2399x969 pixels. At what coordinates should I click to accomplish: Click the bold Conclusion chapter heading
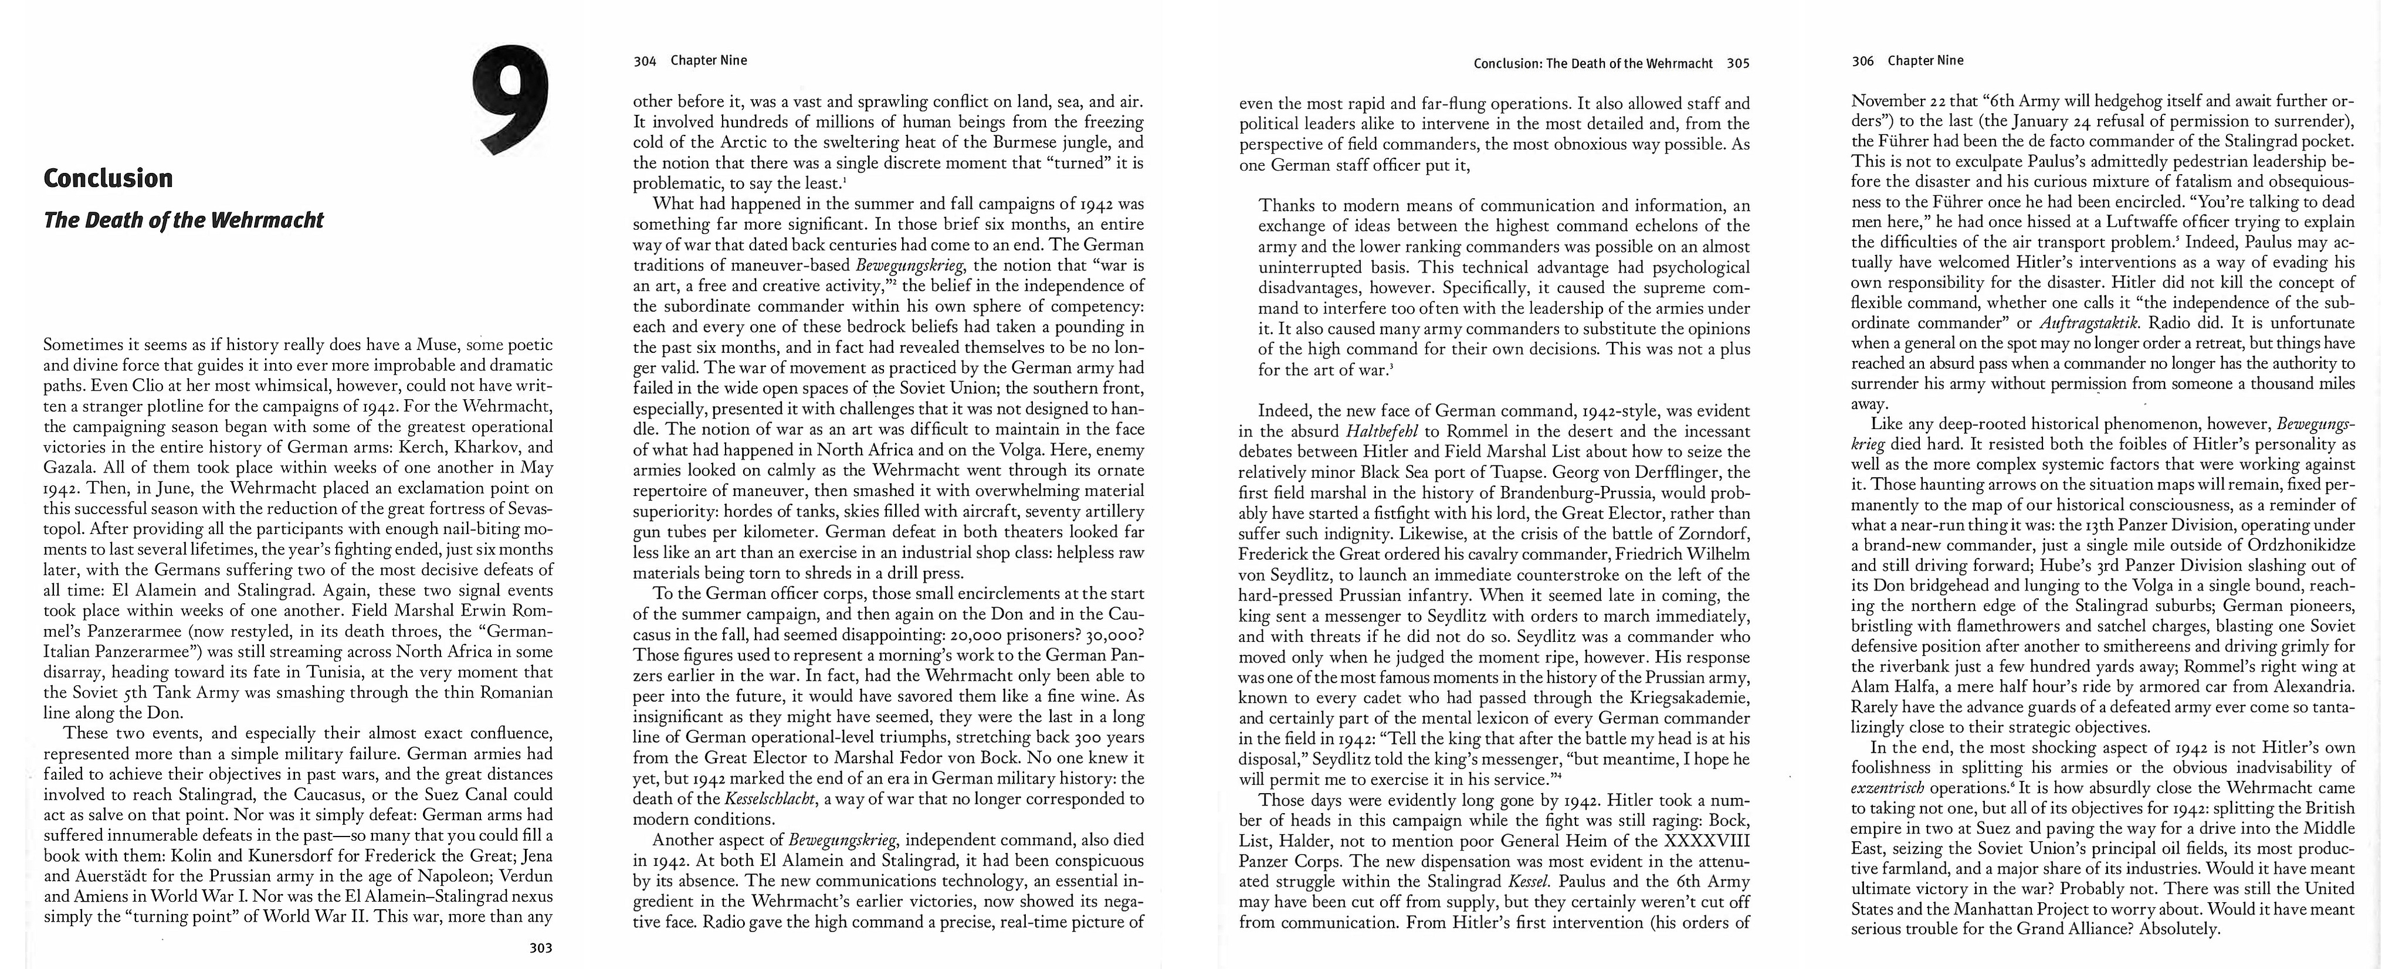coord(108,178)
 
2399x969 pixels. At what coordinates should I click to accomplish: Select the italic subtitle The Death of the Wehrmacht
coord(184,220)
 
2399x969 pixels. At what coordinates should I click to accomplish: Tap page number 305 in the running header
coord(1738,64)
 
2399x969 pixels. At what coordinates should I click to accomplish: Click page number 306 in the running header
coord(1862,60)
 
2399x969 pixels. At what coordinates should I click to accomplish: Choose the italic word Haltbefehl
coord(1382,432)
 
